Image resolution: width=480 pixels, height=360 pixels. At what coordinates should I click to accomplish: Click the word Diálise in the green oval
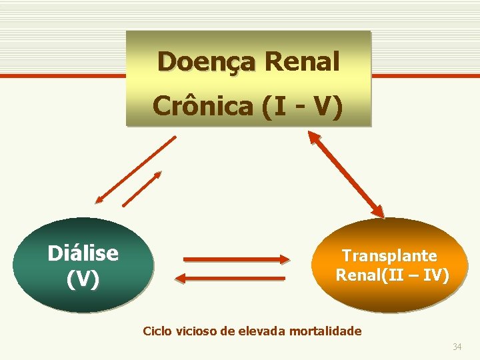click(x=83, y=253)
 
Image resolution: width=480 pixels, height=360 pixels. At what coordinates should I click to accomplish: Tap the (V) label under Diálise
click(x=83, y=279)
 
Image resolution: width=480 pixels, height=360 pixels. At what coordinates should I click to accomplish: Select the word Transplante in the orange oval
click(x=389, y=255)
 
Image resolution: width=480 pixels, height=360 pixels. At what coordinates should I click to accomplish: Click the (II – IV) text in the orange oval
click(x=415, y=275)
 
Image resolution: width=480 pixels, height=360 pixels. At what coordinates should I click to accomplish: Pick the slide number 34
click(x=457, y=347)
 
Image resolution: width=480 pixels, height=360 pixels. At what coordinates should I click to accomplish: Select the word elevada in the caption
click(x=257, y=331)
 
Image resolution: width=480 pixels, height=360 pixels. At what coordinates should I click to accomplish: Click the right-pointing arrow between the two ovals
click(x=235, y=259)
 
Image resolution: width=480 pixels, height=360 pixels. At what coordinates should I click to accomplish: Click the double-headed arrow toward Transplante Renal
click(x=346, y=174)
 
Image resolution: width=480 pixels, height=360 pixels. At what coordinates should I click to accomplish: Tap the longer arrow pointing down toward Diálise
click(x=135, y=169)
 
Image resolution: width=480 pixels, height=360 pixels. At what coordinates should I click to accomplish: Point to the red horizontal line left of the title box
click(x=63, y=76)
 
